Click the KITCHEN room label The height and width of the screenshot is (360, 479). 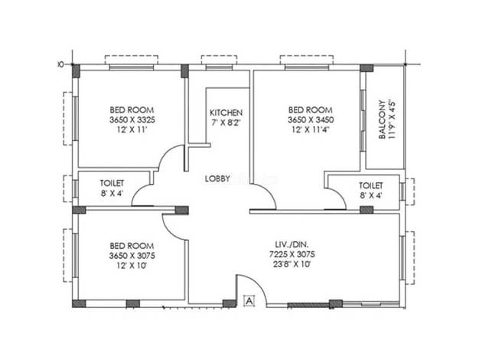coord(226,113)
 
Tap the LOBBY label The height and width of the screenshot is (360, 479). coord(217,178)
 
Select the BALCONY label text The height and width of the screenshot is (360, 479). coord(382,119)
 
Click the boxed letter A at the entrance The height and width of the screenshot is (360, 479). coord(249,301)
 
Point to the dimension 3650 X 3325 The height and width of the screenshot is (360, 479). coord(132,119)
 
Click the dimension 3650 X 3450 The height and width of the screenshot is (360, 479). coord(311,119)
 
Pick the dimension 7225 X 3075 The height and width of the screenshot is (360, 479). coord(292,254)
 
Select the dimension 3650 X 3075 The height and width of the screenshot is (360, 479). coord(132,255)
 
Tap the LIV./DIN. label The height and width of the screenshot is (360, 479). coord(292,244)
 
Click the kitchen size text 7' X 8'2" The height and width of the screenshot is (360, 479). coord(226,123)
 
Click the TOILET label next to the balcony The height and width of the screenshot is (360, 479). coord(371,185)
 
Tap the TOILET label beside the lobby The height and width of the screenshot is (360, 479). coord(112,183)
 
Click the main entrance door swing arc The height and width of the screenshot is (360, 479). coord(258,283)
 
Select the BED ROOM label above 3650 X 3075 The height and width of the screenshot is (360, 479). coord(132,246)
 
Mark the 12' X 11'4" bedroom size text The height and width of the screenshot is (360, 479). coord(311,129)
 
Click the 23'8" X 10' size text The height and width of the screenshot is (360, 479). coord(292,264)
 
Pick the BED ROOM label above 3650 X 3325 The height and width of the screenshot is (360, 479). coord(132,110)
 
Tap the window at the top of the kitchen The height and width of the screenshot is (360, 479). coord(219,67)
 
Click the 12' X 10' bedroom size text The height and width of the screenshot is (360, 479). coord(132,265)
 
